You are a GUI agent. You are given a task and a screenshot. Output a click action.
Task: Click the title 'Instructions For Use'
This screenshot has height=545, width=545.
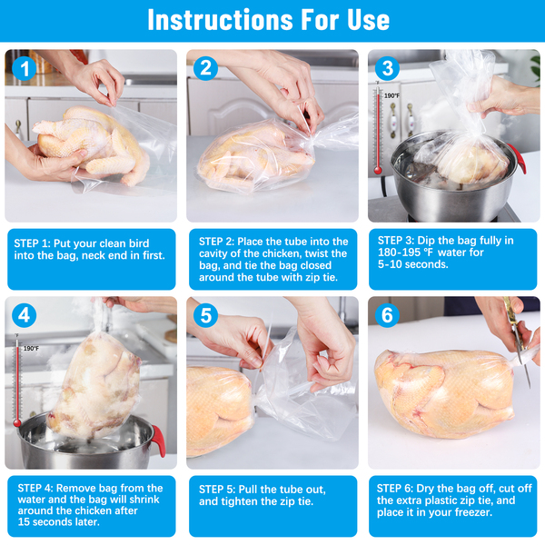pyautogui.click(x=268, y=20)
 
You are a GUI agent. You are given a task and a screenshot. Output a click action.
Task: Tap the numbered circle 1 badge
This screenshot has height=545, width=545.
pyautogui.click(x=25, y=68)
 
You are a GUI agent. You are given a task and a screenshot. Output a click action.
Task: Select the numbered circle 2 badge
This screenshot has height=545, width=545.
pyautogui.click(x=206, y=68)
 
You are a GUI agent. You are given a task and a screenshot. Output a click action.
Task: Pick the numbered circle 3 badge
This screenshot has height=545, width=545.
pyautogui.click(x=388, y=68)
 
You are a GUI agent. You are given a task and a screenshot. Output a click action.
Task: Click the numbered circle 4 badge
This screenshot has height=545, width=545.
pyautogui.click(x=25, y=315)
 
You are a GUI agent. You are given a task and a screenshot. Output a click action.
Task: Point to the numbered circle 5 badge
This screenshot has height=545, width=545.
pyautogui.click(x=206, y=315)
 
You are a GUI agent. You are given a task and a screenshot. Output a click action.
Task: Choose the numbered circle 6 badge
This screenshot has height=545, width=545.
pyautogui.click(x=388, y=315)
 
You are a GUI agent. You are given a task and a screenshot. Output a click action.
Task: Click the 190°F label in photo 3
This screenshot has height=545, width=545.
pyautogui.click(x=391, y=95)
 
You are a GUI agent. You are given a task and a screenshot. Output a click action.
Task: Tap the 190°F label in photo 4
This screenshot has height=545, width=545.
pyautogui.click(x=31, y=348)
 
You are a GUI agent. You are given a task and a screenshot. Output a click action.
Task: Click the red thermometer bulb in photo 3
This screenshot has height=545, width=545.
pyautogui.click(x=378, y=171)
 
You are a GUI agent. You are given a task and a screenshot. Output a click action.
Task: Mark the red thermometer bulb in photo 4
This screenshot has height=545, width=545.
pyautogui.click(x=17, y=423)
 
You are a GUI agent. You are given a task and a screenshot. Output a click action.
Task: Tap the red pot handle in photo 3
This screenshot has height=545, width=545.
pyautogui.click(x=517, y=158)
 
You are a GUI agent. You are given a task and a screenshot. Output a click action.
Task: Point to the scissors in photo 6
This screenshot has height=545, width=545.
pyautogui.click(x=517, y=341)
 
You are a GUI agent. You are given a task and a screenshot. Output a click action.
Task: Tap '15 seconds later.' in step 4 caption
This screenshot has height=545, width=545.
pyautogui.click(x=59, y=521)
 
